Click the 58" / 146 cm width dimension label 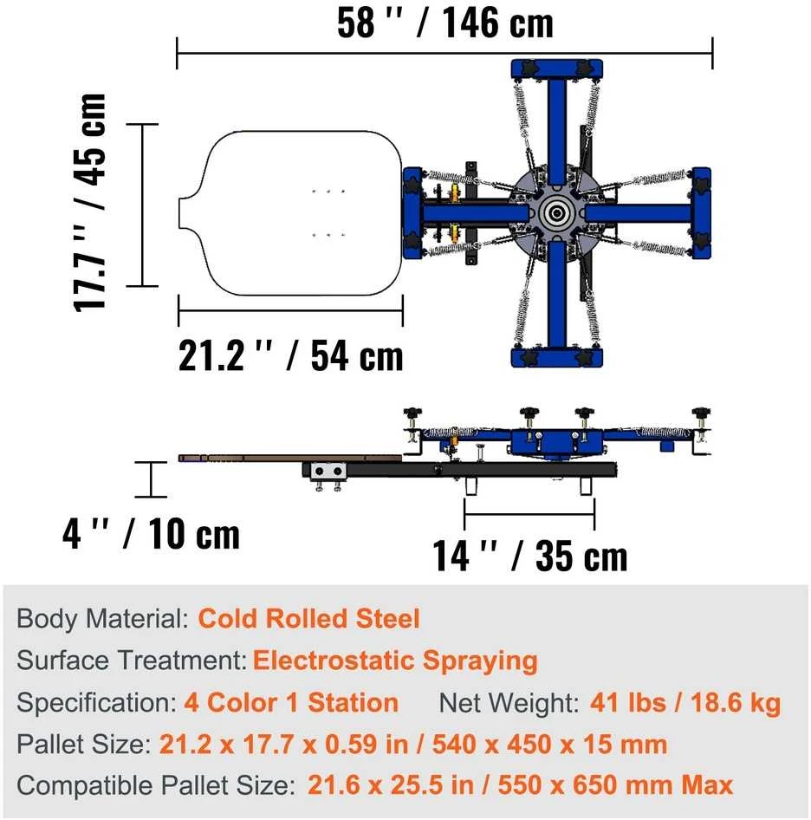click(445, 23)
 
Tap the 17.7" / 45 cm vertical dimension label click(89, 203)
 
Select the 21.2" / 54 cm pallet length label click(291, 355)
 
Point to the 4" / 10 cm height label click(151, 534)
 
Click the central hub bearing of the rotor click(556, 213)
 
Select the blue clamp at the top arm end click(557, 68)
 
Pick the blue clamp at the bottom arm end click(557, 358)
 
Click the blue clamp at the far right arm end click(701, 213)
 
